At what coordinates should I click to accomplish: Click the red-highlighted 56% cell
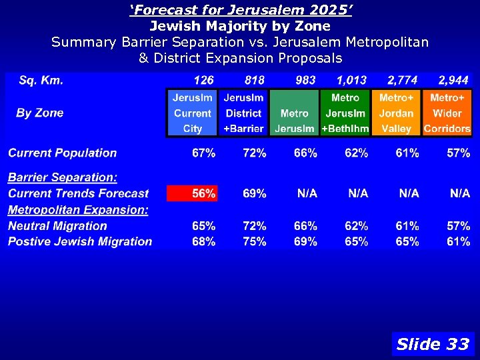click(x=192, y=193)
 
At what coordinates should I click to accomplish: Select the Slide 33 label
click(x=433, y=344)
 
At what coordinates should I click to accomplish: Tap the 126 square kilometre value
click(x=203, y=81)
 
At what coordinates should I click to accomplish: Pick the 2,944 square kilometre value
click(x=453, y=81)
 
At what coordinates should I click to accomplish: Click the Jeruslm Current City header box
click(x=192, y=113)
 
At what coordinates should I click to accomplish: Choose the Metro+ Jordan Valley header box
click(x=397, y=113)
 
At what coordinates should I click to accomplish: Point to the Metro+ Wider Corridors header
click(x=447, y=113)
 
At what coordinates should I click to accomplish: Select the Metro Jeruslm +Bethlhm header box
click(x=345, y=113)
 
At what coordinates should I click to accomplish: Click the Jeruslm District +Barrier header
click(x=243, y=113)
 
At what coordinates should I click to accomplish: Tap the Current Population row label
click(x=62, y=153)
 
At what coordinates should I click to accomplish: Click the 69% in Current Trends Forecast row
click(x=255, y=194)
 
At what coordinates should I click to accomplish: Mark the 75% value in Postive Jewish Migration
click(x=255, y=242)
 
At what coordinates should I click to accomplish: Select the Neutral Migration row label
click(x=57, y=226)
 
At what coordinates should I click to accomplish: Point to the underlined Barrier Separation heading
click(x=63, y=177)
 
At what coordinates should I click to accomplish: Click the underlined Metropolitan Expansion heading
click(x=78, y=210)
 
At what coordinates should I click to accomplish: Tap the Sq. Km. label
click(x=41, y=81)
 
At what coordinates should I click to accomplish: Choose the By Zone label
click(x=40, y=113)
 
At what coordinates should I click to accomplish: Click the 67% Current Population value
click(x=203, y=153)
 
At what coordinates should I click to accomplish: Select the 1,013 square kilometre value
click(x=351, y=81)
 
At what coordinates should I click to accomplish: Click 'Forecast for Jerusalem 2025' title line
click(x=240, y=11)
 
